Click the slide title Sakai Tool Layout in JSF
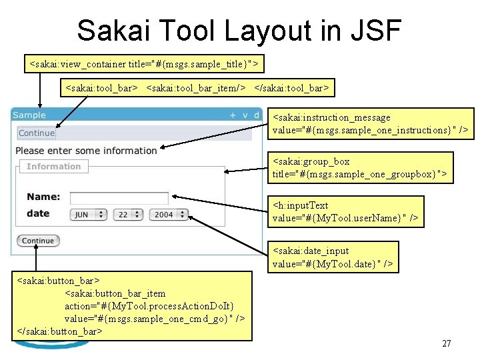(239, 30)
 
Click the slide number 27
(447, 343)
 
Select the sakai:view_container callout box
(144, 64)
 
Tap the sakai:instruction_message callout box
(373, 123)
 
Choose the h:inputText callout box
(347, 211)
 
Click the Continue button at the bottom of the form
(38, 241)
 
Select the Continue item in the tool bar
(37, 133)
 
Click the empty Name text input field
(119, 198)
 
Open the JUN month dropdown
(88, 215)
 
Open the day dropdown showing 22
(127, 215)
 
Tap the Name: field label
(43, 197)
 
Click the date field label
(38, 213)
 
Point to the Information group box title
(53, 167)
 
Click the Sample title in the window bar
(29, 115)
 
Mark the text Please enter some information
(86, 151)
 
